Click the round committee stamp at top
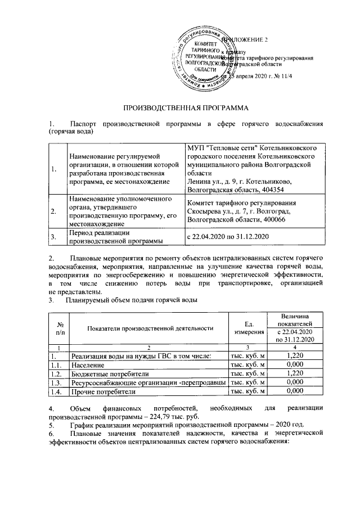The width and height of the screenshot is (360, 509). [204, 58]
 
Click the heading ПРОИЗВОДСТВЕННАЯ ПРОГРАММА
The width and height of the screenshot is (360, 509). [179, 107]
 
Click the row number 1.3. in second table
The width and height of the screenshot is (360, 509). [56, 382]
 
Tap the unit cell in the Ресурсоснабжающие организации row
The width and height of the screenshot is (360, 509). [247, 382]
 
